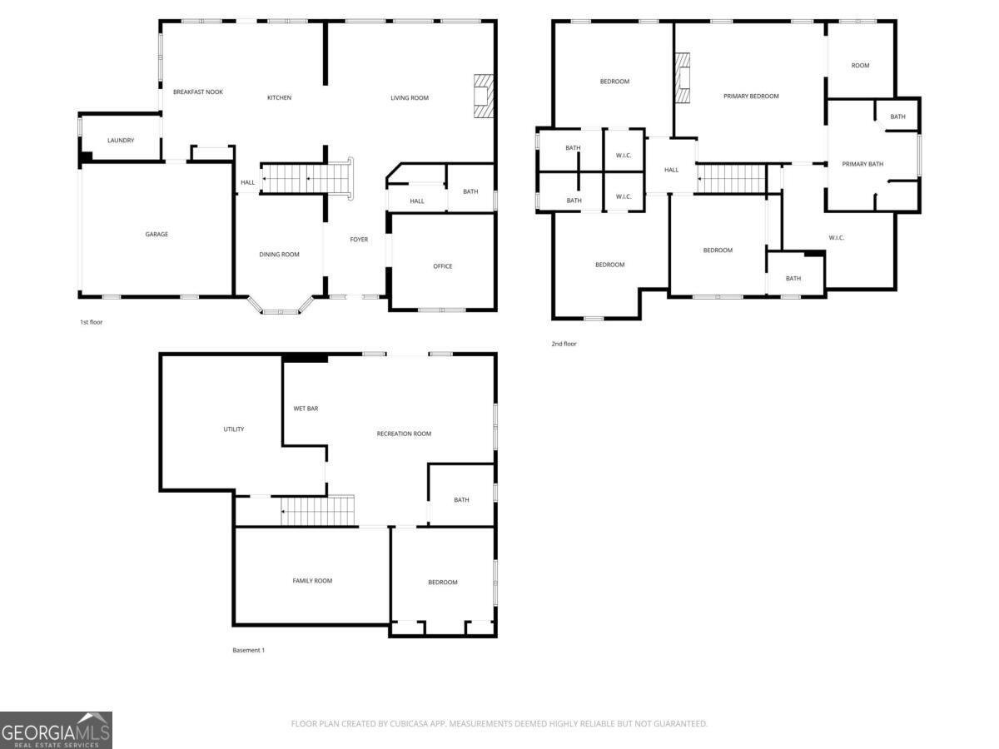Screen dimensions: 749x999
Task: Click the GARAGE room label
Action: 157,235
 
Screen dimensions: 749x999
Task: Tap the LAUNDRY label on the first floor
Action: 121,141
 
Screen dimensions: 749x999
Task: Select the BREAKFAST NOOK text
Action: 198,92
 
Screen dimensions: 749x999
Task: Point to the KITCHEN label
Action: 279,98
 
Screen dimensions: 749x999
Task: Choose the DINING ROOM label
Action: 279,255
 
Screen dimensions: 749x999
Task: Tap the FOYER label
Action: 359,240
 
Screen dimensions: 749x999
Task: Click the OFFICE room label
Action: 443,266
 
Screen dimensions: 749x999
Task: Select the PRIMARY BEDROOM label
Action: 751,97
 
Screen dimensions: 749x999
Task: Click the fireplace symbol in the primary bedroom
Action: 683,78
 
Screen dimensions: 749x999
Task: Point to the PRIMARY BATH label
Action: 862,164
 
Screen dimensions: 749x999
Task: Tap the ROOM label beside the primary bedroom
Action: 860,66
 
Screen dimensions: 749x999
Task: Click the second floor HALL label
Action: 672,170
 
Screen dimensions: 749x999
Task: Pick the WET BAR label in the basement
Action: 306,409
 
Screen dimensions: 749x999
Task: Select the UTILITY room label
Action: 234,429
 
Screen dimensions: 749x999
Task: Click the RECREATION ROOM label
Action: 404,434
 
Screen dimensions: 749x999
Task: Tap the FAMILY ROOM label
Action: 312,581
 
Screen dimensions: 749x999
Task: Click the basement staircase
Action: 317,510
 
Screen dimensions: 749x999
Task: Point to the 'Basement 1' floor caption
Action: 248,650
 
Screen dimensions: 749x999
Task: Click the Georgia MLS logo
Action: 56,730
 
